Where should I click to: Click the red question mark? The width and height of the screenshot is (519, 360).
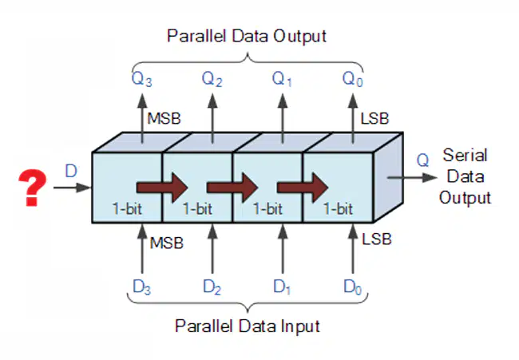click(x=32, y=188)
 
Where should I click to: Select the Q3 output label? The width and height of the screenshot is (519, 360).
click(x=141, y=79)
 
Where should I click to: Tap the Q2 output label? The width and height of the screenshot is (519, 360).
click(x=212, y=79)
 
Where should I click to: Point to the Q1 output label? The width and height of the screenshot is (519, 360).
click(x=282, y=79)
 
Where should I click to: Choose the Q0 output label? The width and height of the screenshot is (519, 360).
click(x=352, y=79)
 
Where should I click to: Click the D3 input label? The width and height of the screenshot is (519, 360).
click(x=141, y=287)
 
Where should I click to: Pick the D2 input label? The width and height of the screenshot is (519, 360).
click(x=212, y=287)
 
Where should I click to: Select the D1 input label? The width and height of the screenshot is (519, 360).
click(x=282, y=287)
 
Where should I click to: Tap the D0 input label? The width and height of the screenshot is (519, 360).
click(x=352, y=287)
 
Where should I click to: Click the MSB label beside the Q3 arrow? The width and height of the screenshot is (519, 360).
click(x=164, y=119)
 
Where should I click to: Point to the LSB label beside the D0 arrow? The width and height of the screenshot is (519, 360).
click(x=377, y=239)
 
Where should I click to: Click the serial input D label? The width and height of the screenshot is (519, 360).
click(x=71, y=171)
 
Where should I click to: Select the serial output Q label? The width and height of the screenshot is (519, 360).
click(x=422, y=160)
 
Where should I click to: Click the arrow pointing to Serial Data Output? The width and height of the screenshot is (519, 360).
click(x=412, y=178)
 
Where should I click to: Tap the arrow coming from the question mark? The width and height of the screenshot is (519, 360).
click(x=72, y=188)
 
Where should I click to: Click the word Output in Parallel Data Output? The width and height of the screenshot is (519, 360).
click(x=300, y=36)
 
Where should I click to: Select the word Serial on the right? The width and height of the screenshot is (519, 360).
click(x=465, y=155)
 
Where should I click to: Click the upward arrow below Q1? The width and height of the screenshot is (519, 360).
click(x=283, y=118)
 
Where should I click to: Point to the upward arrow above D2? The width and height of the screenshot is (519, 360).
click(x=212, y=248)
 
